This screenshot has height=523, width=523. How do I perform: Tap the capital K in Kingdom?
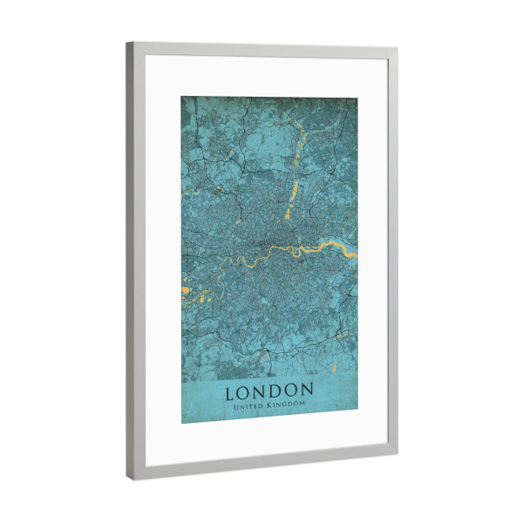point(272,405)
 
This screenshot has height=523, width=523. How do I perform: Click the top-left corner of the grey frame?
point(127,43)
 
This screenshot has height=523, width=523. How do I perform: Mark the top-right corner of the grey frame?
point(397,50)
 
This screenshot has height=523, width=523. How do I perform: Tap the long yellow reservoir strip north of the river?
point(293,195)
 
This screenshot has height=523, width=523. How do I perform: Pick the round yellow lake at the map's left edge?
point(185,289)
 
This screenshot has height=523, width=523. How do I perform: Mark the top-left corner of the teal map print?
point(181,96)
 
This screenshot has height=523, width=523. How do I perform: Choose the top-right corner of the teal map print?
point(357,98)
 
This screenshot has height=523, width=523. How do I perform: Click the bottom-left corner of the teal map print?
point(181,424)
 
